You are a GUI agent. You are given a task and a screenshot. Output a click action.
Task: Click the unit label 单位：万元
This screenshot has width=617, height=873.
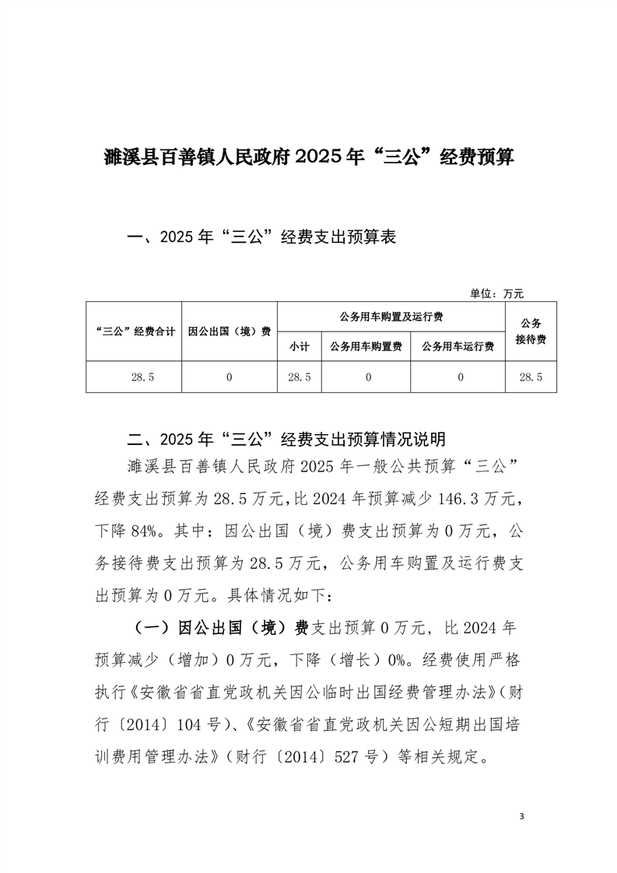[497, 293]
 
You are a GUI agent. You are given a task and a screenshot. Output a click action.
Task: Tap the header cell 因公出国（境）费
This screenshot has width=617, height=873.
[230, 331]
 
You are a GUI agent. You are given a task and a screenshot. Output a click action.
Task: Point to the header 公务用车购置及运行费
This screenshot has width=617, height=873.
[391, 317]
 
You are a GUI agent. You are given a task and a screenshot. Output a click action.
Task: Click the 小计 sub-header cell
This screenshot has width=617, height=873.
[300, 347]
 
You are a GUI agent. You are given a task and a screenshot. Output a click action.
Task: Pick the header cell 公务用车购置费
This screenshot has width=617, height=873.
[366, 347]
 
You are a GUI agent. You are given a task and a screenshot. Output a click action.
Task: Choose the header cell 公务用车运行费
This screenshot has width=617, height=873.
[458, 347]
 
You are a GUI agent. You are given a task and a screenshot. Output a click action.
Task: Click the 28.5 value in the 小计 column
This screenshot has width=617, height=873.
[300, 377]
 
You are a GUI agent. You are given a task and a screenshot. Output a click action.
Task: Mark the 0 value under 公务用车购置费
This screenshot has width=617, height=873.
[366, 377]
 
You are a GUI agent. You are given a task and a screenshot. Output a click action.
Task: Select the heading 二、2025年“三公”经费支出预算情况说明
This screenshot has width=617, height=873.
[287, 437]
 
